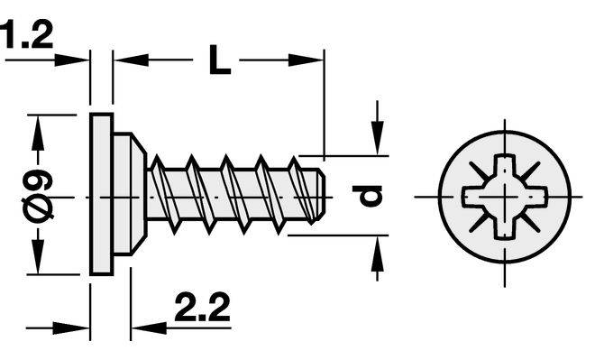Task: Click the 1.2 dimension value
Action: pyautogui.click(x=26, y=35)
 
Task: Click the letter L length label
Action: pyautogui.click(x=219, y=60)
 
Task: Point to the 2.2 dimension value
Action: pyautogui.click(x=202, y=307)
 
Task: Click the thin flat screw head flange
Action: pyautogui.click(x=102, y=194)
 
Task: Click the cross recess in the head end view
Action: pyautogui.click(x=505, y=197)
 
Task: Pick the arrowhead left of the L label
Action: pyautogui.click(x=131, y=60)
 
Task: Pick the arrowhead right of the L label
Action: pyautogui.click(x=306, y=60)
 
